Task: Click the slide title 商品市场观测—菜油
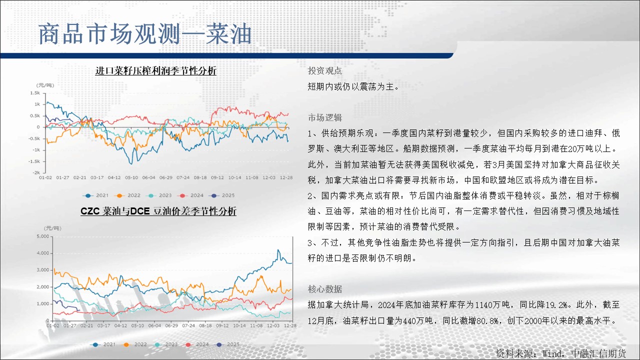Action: (x=145, y=34)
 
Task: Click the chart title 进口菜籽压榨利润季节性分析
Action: (x=155, y=70)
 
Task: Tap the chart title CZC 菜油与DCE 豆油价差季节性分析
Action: (x=158, y=211)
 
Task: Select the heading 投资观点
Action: (x=325, y=70)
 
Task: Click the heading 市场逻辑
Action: (x=325, y=117)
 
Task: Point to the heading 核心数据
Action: (x=325, y=289)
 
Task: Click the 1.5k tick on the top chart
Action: (x=35, y=93)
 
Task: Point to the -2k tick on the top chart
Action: (x=36, y=172)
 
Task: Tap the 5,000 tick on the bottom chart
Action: (x=43, y=236)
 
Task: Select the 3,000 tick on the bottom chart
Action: (x=43, y=270)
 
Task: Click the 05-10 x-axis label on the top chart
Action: (x=131, y=177)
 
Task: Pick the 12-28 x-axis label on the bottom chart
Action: (x=290, y=325)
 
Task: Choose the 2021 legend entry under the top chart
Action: (x=95, y=195)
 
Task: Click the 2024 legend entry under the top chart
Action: (x=190, y=195)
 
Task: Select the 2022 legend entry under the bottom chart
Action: (x=135, y=344)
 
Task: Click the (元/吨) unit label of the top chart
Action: (x=45, y=85)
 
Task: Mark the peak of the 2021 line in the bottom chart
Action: (x=278, y=250)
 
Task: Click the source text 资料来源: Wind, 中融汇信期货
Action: (x=561, y=353)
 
